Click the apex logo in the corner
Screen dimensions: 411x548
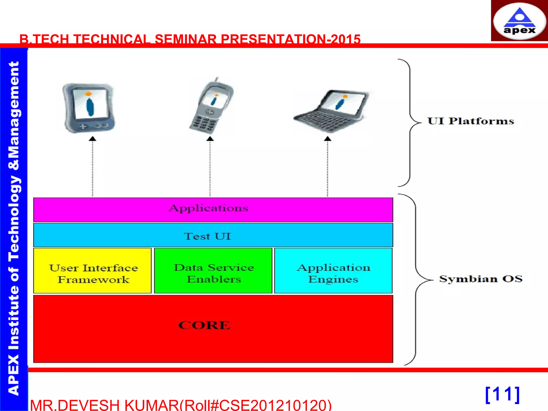point(519,21)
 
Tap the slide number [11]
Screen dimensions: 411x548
point(503,394)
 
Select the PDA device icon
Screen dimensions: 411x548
point(89,108)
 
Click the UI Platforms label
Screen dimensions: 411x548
point(471,121)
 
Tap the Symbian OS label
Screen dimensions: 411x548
point(481,279)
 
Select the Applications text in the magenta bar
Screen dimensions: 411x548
point(209,208)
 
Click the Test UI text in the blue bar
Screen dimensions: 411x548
point(207,236)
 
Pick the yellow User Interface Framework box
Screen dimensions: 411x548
point(93,271)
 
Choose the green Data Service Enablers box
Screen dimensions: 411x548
point(213,271)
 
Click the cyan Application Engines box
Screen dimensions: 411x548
point(333,271)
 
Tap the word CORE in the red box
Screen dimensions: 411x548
point(204,325)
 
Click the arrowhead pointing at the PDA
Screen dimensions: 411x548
point(93,139)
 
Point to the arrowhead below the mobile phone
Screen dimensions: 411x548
point(210,139)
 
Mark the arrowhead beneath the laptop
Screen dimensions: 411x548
point(328,139)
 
